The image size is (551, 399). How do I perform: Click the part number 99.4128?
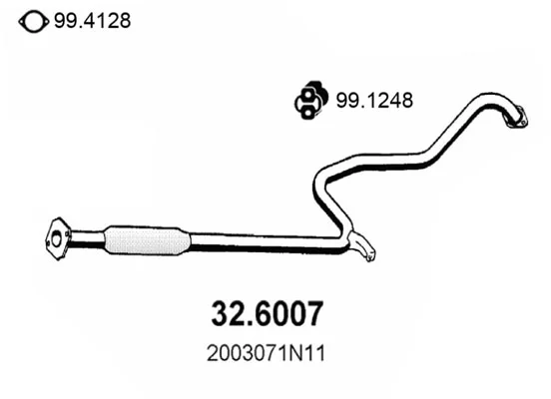click(93, 21)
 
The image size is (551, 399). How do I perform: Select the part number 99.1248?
click(374, 101)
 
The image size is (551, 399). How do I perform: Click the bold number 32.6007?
click(268, 313)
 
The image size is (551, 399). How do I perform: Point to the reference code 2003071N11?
click(266, 353)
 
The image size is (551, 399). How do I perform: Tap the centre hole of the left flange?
click(56, 239)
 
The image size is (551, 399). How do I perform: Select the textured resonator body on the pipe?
click(148, 240)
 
